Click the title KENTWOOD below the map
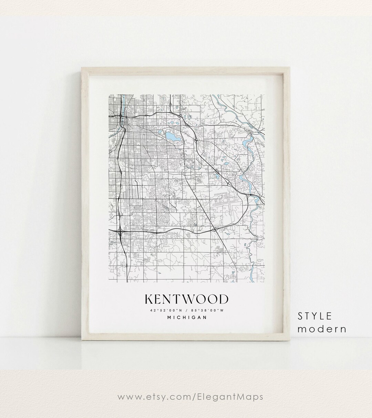coord(186,299)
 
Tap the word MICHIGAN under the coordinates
coord(187,318)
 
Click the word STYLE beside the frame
coord(315,316)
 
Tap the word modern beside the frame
coord(322,329)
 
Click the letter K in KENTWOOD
coord(149,299)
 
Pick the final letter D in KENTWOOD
coord(223,299)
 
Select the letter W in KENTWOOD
coord(188,299)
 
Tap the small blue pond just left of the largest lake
coord(159,131)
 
